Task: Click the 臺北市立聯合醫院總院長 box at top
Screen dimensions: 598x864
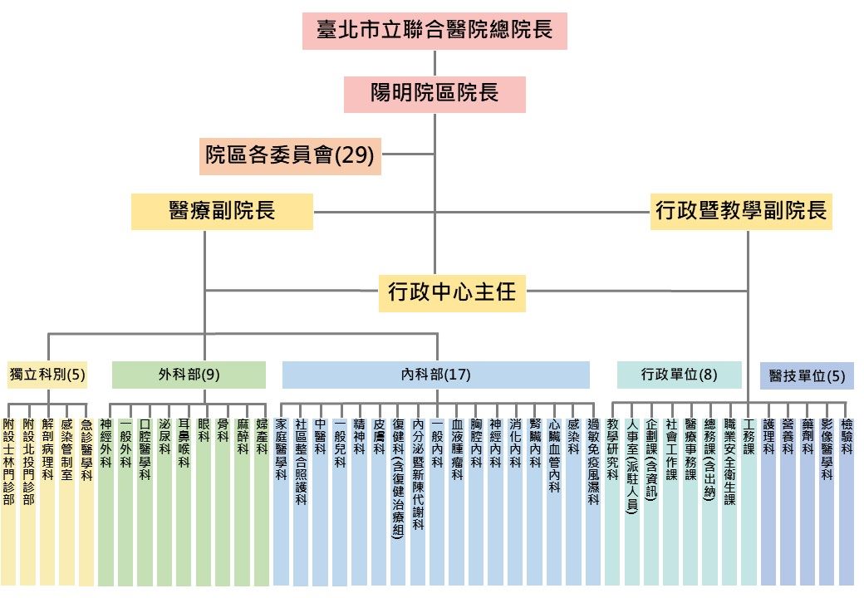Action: [434, 32]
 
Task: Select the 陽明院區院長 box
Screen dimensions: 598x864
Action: [434, 93]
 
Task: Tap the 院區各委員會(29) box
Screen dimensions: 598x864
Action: [290, 155]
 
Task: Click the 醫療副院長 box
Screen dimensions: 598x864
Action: [222, 211]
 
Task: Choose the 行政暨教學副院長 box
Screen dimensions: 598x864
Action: [741, 211]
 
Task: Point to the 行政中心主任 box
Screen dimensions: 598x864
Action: [452, 292]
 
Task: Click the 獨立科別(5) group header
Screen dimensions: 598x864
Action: [47, 375]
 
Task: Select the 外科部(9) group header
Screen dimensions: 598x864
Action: [189, 375]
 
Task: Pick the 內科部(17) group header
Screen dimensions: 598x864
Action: [435, 375]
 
